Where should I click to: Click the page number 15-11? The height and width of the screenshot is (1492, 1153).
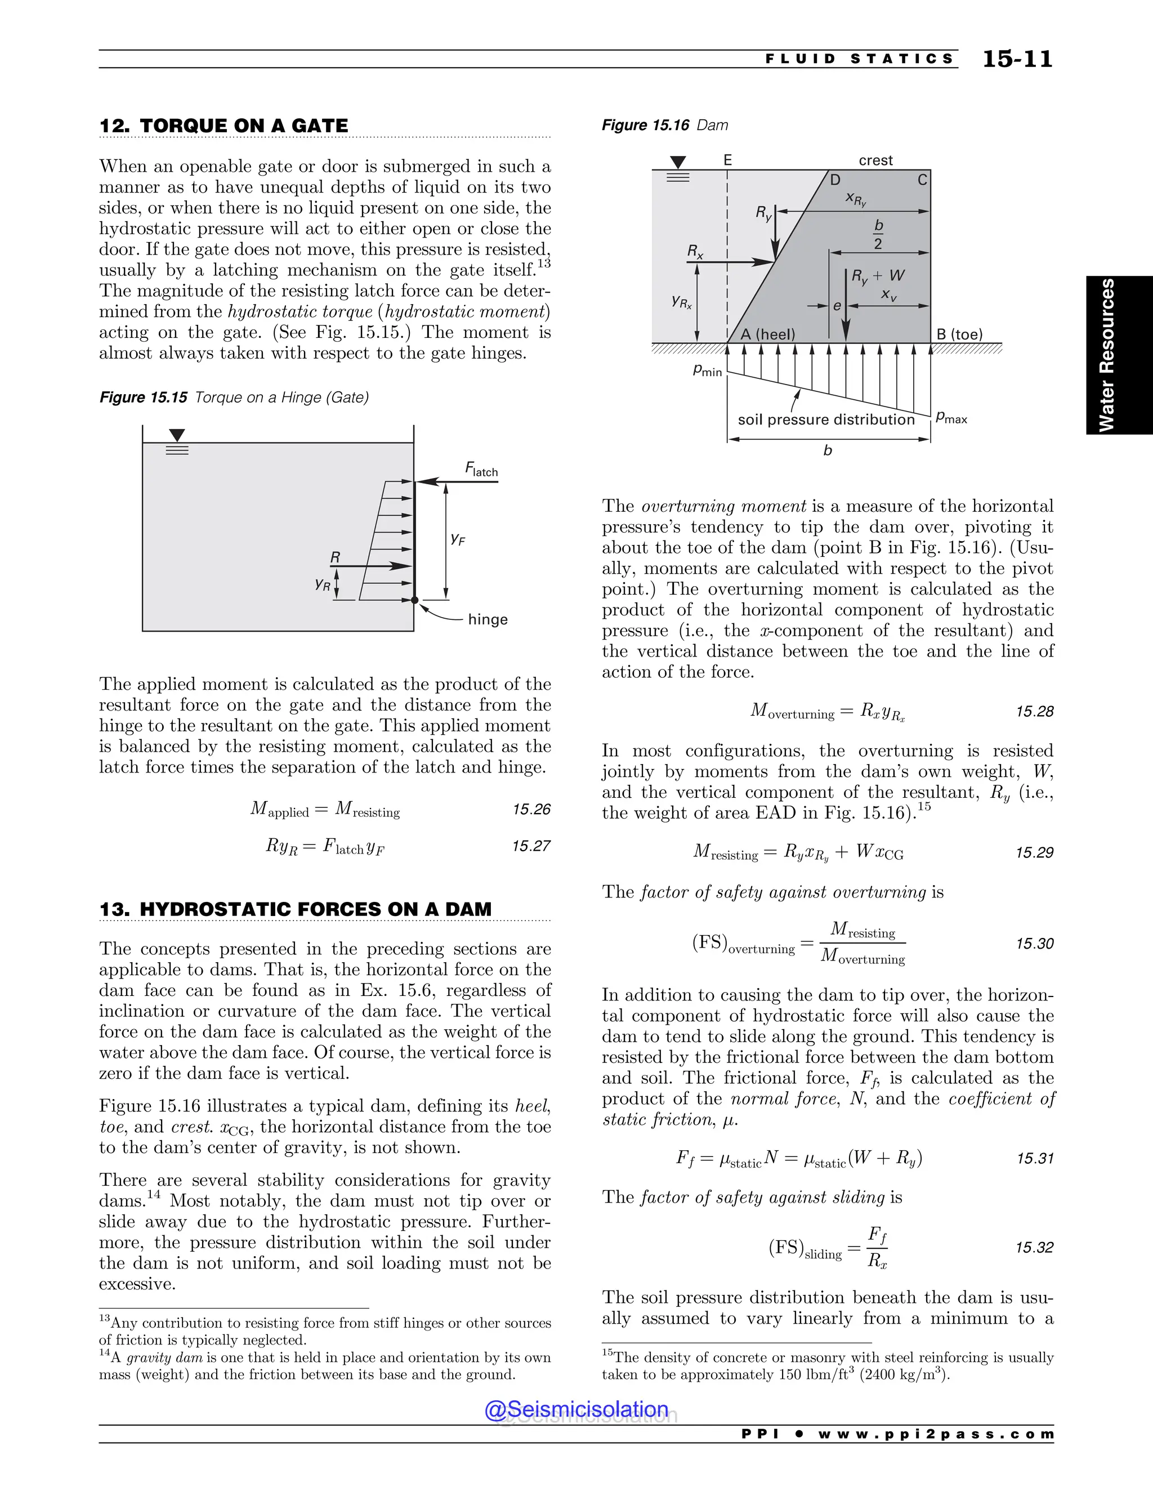pos(1017,60)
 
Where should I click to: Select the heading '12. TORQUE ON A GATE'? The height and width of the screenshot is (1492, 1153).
pos(224,126)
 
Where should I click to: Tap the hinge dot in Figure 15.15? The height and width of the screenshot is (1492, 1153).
pos(414,600)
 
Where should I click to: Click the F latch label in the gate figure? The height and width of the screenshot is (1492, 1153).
pos(481,470)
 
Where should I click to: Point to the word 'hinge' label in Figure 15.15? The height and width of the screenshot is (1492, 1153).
pos(488,620)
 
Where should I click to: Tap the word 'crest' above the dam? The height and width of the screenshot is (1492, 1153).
pos(875,160)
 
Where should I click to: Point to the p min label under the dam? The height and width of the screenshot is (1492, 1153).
pos(707,370)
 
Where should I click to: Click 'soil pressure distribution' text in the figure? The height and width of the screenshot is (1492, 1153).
pos(826,419)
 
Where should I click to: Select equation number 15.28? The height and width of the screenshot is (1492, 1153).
pos(1034,711)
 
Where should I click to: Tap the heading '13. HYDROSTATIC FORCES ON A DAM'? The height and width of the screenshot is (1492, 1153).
pos(295,909)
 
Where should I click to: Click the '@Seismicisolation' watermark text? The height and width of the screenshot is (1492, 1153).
pos(576,1409)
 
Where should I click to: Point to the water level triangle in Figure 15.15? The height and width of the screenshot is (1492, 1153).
pos(177,435)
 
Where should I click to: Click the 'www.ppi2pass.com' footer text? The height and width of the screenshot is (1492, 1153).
pos(936,1434)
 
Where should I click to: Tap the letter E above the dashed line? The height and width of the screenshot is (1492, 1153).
pos(727,160)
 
